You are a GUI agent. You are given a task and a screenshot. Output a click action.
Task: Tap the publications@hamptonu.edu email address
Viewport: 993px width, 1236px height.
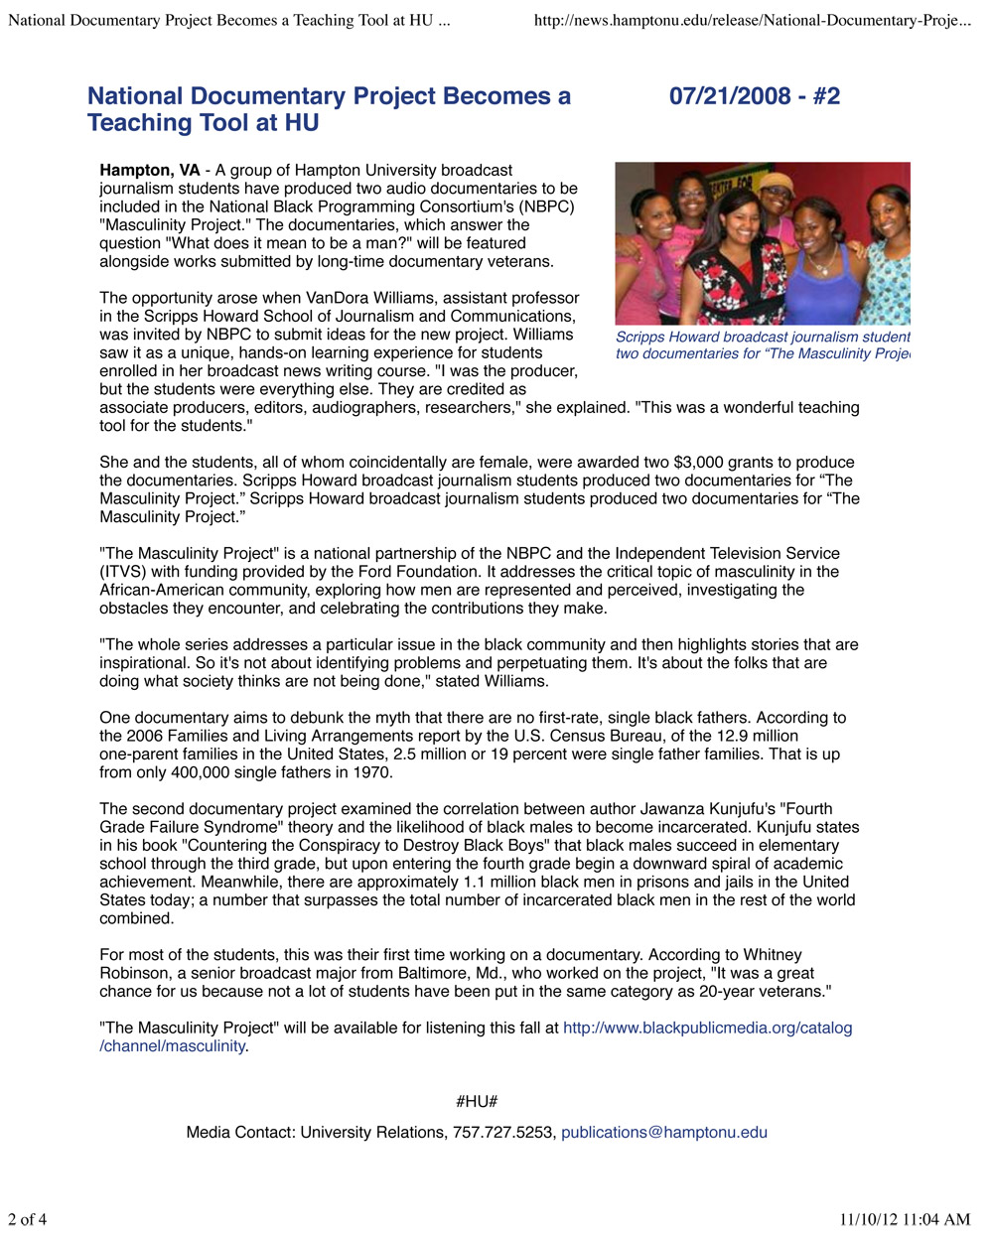663,1133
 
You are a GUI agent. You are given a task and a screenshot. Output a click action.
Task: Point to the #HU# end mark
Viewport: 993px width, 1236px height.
477,1102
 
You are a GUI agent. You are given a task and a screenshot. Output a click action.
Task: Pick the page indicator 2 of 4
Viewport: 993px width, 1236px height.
28,1219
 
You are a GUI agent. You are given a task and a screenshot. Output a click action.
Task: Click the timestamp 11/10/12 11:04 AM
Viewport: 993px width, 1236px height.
905,1219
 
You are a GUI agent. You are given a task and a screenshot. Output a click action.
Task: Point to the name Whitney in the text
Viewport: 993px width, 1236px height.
773,955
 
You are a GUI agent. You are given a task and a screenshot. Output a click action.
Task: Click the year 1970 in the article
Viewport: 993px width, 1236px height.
371,772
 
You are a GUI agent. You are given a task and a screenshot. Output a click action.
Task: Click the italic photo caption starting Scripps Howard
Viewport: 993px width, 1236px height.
762,345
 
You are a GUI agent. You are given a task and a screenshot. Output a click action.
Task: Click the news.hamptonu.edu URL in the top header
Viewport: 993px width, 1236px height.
752,21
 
